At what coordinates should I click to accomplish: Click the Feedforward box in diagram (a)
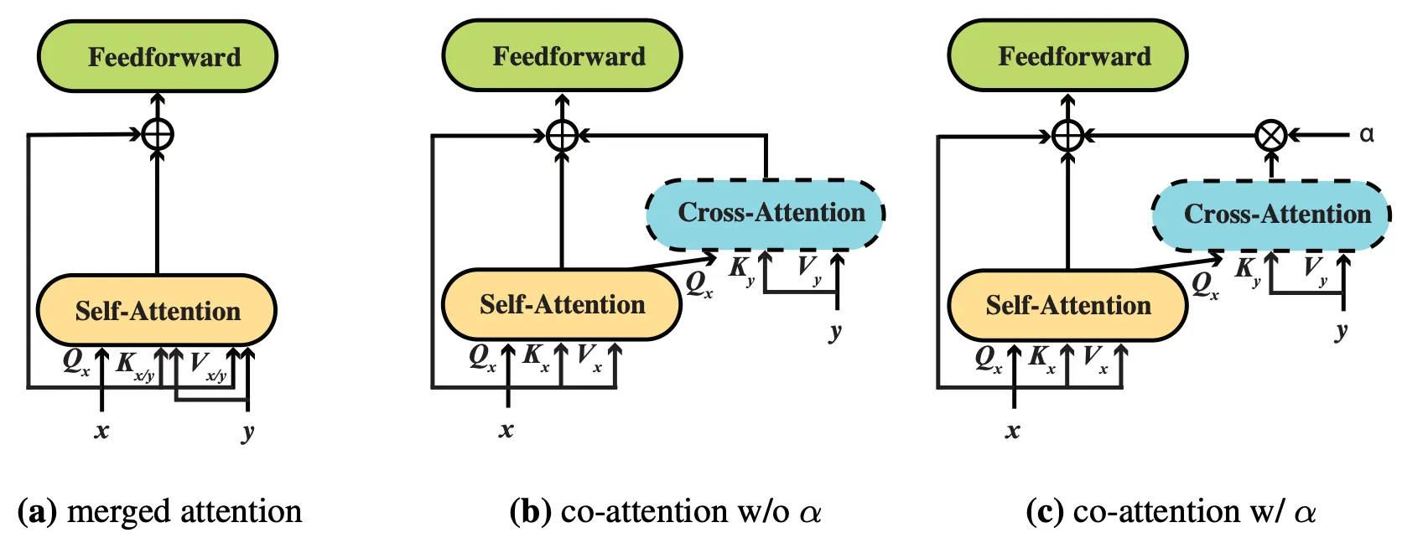(158, 57)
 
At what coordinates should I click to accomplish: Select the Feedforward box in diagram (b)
(562, 56)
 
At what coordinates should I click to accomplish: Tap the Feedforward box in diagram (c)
(1067, 56)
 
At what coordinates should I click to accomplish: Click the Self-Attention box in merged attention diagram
(157, 311)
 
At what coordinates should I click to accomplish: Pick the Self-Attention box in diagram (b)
(562, 304)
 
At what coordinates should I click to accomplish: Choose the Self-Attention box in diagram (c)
(1067, 305)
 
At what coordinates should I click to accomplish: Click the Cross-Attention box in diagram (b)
(766, 214)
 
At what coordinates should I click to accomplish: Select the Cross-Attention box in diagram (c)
(1271, 215)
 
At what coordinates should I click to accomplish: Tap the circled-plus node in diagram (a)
(158, 134)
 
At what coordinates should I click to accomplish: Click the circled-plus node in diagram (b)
(562, 135)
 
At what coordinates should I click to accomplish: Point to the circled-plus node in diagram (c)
(1067, 135)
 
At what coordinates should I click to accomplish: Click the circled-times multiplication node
(1271, 135)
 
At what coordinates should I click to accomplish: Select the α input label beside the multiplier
(1367, 134)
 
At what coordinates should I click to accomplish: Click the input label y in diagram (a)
(247, 432)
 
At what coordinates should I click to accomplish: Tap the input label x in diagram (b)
(506, 431)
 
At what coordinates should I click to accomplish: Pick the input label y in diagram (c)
(1342, 330)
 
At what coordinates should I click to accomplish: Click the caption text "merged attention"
(184, 511)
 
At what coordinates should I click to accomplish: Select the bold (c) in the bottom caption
(1045, 511)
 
